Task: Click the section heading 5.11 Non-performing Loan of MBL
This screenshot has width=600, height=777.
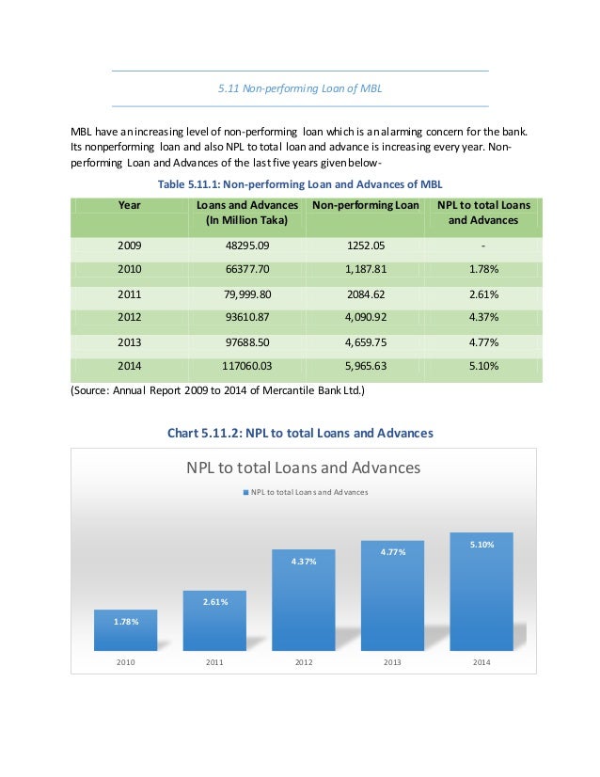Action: pyautogui.click(x=300, y=88)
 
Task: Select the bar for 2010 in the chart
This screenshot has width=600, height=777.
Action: pyautogui.click(x=125, y=631)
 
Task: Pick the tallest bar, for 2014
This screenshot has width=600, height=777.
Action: pyautogui.click(x=482, y=593)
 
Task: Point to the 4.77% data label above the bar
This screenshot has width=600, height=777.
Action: pyautogui.click(x=392, y=552)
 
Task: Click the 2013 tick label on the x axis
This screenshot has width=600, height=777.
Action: pyautogui.click(x=392, y=663)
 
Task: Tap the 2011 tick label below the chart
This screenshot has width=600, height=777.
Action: pyautogui.click(x=214, y=663)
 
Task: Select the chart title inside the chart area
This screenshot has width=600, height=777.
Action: pyautogui.click(x=303, y=468)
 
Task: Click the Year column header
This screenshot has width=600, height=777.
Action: pyautogui.click(x=130, y=205)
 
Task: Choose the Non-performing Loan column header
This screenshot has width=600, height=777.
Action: pyautogui.click(x=365, y=205)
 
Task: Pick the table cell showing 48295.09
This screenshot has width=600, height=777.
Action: pyautogui.click(x=245, y=246)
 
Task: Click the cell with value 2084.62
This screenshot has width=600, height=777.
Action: pyautogui.click(x=365, y=293)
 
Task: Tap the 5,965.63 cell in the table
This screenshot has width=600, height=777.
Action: pyautogui.click(x=365, y=364)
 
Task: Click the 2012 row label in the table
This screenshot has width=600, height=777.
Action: pyautogui.click(x=130, y=317)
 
